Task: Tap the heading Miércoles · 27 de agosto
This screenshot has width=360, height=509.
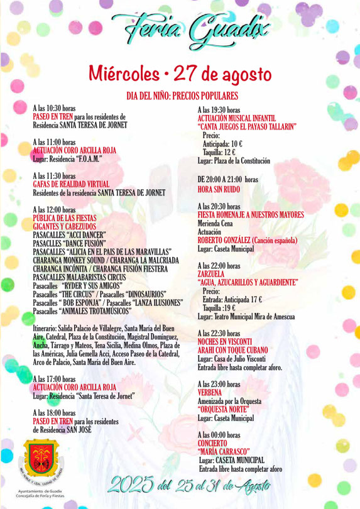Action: tap(179, 74)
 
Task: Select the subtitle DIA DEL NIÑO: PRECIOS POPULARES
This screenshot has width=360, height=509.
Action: tap(182, 96)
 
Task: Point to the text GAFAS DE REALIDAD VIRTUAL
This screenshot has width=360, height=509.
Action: tap(71, 184)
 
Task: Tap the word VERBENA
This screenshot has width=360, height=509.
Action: tap(210, 392)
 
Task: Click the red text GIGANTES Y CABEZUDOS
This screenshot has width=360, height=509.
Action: tap(65, 226)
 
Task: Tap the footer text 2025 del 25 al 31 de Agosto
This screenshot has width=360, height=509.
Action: tap(189, 484)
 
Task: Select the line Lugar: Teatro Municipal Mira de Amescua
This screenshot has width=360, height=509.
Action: tap(246, 317)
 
